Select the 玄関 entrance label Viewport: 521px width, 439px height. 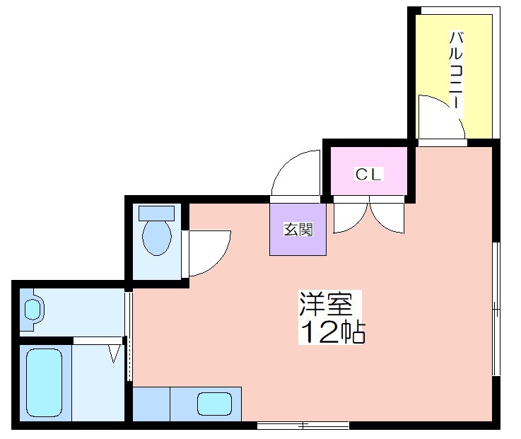click(298, 229)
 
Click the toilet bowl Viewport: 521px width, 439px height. click(156, 238)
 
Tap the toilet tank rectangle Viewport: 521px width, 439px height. click(156, 212)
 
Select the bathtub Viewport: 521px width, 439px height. click(44, 382)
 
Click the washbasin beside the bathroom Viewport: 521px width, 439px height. click(33, 309)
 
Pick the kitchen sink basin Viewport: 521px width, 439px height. click(213, 404)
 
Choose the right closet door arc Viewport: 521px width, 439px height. click(387, 218)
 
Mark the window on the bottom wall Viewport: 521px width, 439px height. click(303, 426)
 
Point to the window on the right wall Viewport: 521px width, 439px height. click(496, 308)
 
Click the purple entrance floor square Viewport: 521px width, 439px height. click(298, 229)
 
